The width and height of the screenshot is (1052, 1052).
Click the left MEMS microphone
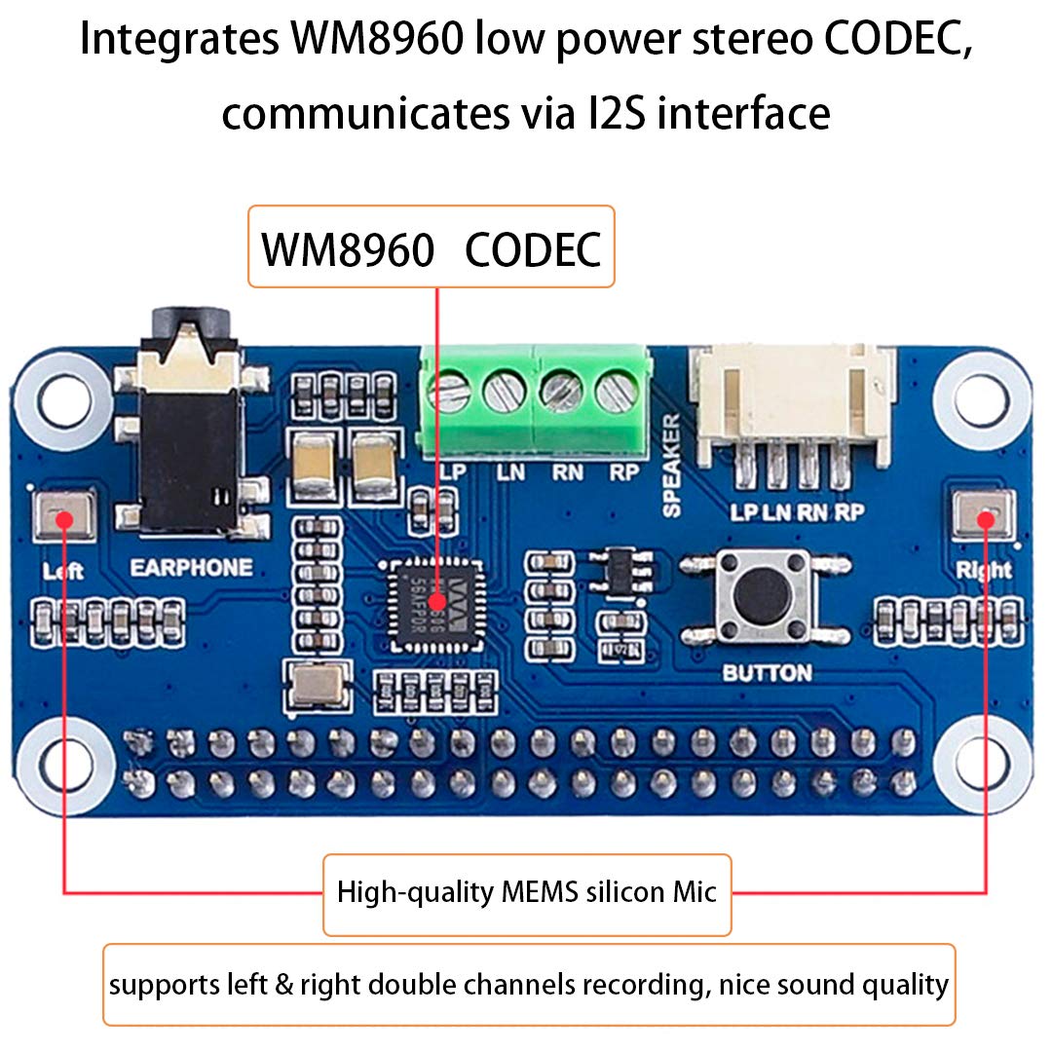pos(64,515)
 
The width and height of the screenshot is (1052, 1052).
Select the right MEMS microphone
pos(984,515)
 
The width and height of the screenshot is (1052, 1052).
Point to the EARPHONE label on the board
pos(191,567)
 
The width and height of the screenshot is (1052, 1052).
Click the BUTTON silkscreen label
pos(767,673)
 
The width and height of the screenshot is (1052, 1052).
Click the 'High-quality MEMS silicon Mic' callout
pos(527,892)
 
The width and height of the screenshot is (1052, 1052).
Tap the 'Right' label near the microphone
pos(984,569)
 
